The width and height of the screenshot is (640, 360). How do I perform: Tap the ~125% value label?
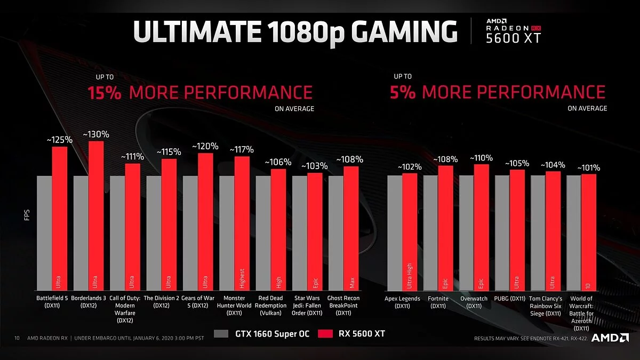coord(59,140)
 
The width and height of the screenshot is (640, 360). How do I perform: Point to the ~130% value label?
coord(96,134)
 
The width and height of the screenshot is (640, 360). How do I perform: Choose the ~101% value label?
coord(588,168)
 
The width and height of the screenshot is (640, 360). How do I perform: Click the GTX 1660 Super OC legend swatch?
coord(221,334)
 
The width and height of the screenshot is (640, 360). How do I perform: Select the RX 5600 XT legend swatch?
coord(325,334)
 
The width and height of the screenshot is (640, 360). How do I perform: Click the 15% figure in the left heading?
coord(104,92)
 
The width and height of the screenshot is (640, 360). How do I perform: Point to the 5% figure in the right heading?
coord(403,92)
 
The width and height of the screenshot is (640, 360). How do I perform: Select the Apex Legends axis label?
coord(402,302)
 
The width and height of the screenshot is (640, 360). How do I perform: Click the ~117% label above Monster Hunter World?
coord(242,150)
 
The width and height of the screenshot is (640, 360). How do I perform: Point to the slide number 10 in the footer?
coord(17,338)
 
